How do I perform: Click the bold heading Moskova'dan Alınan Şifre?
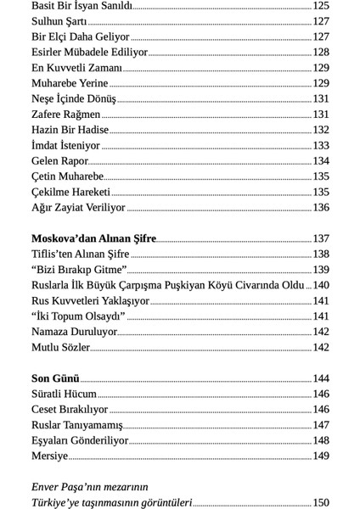(93, 238)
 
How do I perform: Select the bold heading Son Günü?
(55, 378)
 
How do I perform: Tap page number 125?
(320, 6)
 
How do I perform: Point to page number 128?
(320, 53)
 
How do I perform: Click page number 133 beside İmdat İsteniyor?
(320, 146)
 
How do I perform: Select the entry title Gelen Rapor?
(59, 161)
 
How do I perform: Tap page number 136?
(320, 208)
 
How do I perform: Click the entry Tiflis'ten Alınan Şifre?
(80, 254)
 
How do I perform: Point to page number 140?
(321, 285)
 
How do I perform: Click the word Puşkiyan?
(200, 285)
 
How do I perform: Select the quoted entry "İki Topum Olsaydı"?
(78, 316)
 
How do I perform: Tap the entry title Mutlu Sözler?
(60, 347)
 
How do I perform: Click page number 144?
(320, 378)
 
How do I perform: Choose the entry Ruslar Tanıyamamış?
(76, 425)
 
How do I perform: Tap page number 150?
(320, 503)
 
